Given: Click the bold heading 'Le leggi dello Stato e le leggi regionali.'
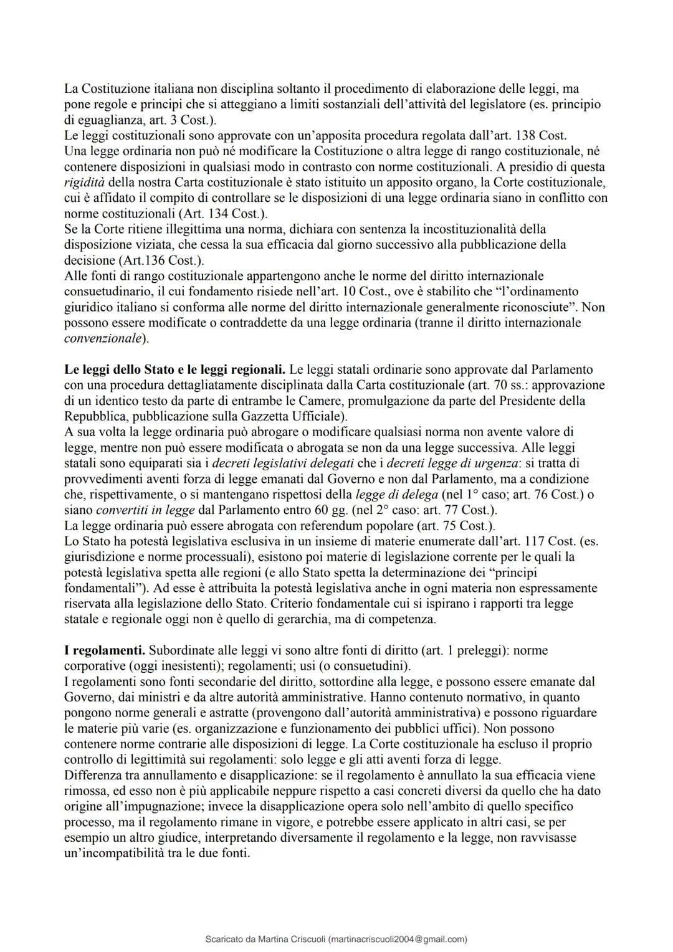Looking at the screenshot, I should [175, 369].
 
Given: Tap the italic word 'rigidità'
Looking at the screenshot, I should [85, 183].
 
